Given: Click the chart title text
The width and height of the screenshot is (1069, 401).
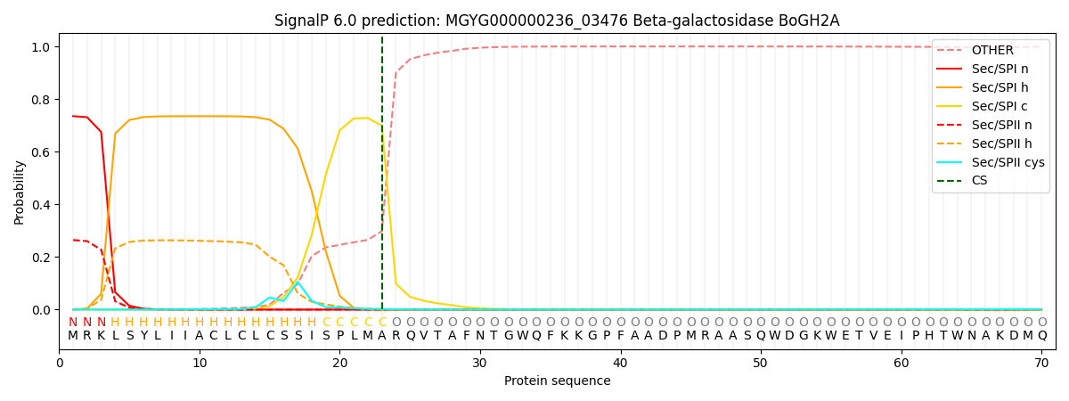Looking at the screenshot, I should (x=557, y=20).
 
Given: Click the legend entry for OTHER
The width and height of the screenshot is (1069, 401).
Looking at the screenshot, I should (x=992, y=50).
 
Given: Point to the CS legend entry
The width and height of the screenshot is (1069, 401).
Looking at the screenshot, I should (x=979, y=181).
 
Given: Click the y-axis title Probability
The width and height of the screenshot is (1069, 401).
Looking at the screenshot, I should (x=20, y=192).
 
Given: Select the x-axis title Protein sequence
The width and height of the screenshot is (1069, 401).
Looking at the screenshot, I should (x=557, y=381).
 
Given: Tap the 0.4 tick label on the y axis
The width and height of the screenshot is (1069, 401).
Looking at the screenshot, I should (x=41, y=205).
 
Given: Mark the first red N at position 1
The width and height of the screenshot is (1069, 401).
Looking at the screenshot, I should (x=73, y=322).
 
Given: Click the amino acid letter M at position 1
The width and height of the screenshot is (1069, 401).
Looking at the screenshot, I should (x=73, y=336).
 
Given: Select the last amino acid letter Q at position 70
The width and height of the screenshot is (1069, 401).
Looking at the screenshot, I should (x=1041, y=336).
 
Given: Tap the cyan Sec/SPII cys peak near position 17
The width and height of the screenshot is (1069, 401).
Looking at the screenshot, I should (x=298, y=282).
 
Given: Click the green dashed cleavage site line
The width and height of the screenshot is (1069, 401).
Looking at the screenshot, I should (x=382, y=178).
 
